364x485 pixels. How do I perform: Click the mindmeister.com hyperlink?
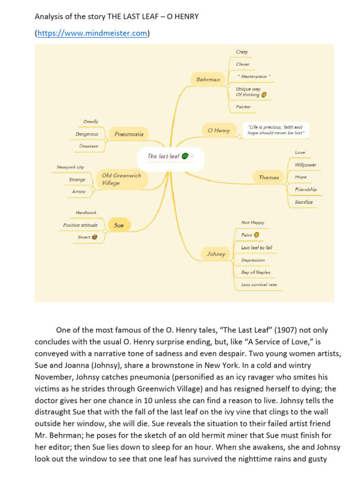pos(92,33)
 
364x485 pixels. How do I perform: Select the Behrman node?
pos(208,80)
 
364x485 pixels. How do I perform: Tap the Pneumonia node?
pos(129,134)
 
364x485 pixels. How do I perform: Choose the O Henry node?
pos(218,130)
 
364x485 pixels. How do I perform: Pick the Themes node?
pos(269,178)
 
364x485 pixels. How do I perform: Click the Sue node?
pos(119,225)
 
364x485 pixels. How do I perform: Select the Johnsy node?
pos(216,254)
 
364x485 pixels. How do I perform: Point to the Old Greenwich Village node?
pos(121,179)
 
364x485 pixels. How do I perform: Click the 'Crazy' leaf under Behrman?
pos(242,52)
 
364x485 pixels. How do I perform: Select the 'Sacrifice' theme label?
pos(303,202)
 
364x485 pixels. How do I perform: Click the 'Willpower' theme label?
pos(305,165)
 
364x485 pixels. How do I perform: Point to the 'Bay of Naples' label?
pos(255,272)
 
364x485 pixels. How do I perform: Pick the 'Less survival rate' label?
pos(259,285)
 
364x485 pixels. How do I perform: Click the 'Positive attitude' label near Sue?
pos(81,225)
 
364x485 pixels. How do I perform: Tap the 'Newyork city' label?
pos(70,167)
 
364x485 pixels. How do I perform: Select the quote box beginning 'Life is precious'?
pos(275,130)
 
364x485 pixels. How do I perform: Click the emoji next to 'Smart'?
pos(94,237)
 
